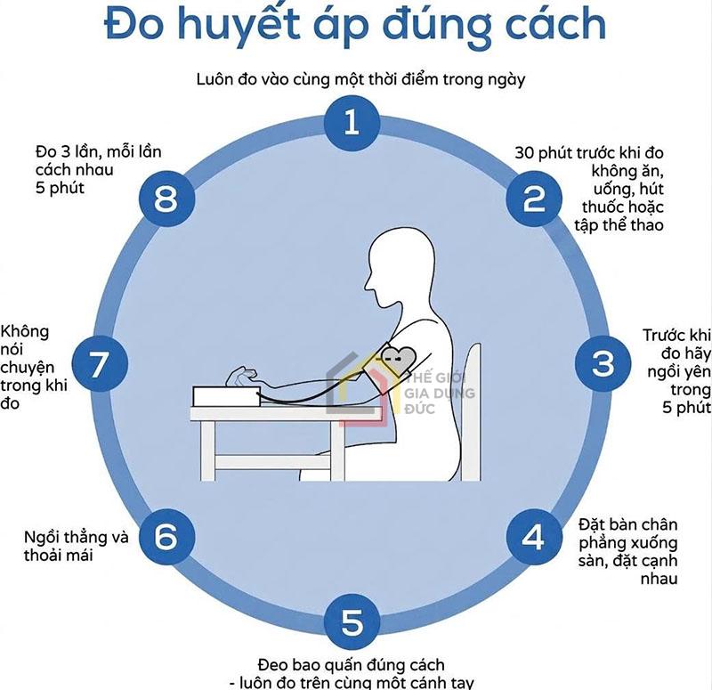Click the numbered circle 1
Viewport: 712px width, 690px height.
pos(352,122)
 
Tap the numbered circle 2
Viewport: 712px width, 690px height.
pos(533,198)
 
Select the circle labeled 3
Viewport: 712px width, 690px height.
pos(604,362)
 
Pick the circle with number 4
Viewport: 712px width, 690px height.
pos(533,537)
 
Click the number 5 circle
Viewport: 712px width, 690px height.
pos(352,621)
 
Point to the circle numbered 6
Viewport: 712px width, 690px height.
pos(167,537)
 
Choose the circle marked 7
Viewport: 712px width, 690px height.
pos(99,363)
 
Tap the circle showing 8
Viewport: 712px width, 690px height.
pos(167,198)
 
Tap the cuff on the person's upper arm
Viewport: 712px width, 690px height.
pos(398,355)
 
